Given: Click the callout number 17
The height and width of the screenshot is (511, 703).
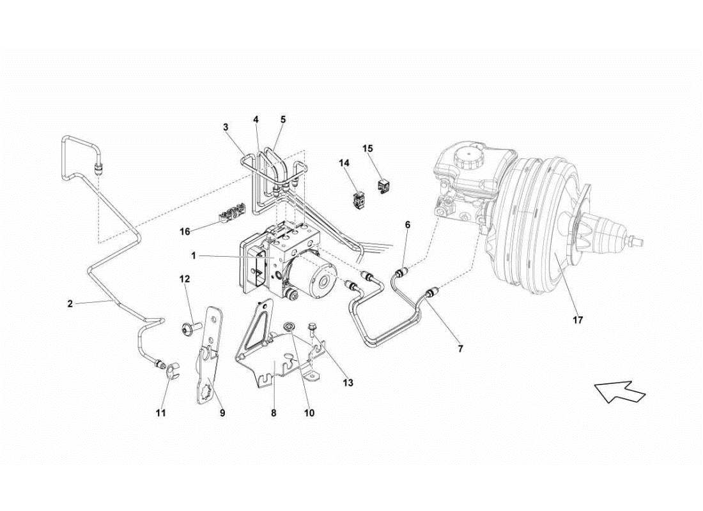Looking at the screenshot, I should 577,319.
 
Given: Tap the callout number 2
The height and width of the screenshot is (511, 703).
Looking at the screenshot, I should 70,304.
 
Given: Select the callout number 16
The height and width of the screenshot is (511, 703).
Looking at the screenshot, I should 185,231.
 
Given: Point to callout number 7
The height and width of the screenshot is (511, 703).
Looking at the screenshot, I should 460,349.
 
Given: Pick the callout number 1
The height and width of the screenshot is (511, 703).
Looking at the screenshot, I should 193,256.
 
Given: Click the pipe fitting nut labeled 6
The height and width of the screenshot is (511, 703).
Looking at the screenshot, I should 401,273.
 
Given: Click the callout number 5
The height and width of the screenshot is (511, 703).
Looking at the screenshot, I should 283,119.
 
